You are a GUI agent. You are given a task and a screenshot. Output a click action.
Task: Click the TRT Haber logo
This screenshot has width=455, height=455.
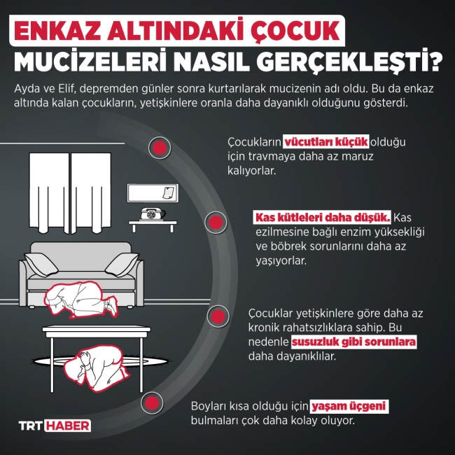point(54,425)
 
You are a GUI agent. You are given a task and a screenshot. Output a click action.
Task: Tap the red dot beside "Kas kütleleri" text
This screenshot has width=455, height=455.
point(216,223)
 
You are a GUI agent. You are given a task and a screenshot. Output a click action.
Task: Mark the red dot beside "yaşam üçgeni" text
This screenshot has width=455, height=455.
point(151,402)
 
